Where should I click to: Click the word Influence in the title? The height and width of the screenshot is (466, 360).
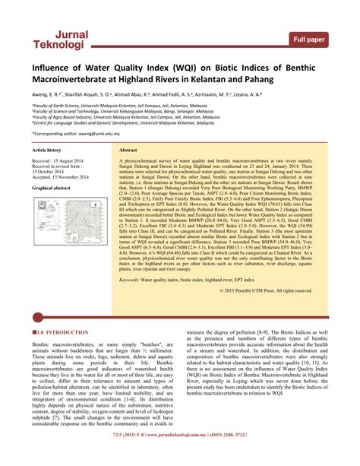pyautogui.click(x=56, y=69)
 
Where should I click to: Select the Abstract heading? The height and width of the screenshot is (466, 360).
pyautogui.click(x=128, y=151)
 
